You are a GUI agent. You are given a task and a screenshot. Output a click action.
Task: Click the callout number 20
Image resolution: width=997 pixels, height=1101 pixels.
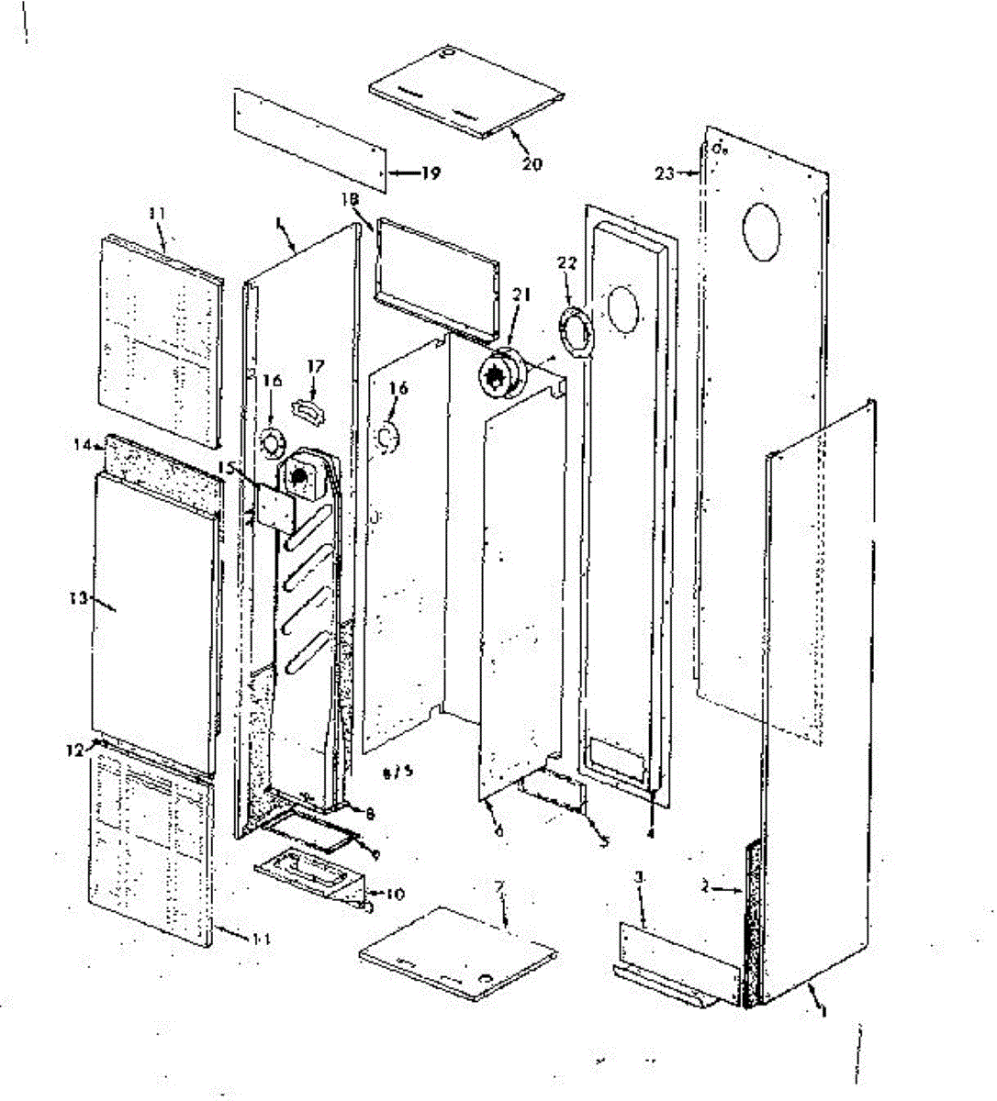coord(532,164)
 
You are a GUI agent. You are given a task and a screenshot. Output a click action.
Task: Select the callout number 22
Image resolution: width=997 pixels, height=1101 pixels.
coord(567,264)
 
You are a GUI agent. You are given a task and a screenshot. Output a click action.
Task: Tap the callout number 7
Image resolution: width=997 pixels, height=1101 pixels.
coord(500,891)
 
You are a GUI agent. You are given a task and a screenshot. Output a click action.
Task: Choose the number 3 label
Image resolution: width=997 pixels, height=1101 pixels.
coord(640,878)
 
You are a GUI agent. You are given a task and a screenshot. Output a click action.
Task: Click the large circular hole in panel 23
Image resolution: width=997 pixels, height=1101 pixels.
coord(761,229)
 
